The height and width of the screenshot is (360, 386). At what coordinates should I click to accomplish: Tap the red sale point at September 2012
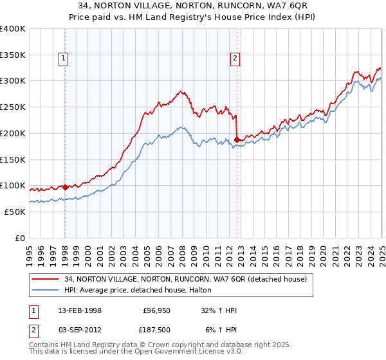point(237,139)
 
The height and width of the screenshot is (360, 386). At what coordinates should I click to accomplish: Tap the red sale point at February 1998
point(66,187)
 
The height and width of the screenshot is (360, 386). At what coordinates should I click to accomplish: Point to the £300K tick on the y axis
point(12,81)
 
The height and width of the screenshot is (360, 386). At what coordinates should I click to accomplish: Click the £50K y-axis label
point(15,212)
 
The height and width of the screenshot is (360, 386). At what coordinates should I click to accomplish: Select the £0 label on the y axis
point(19,238)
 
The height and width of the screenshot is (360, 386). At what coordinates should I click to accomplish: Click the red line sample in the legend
point(46,279)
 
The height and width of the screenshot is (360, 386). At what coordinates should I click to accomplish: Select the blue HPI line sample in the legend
point(46,291)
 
